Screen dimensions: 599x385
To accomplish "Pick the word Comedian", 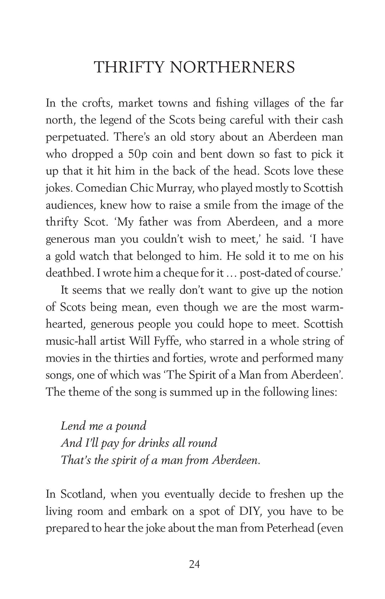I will click(101, 188).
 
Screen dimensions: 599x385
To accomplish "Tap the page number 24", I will click(194, 572).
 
